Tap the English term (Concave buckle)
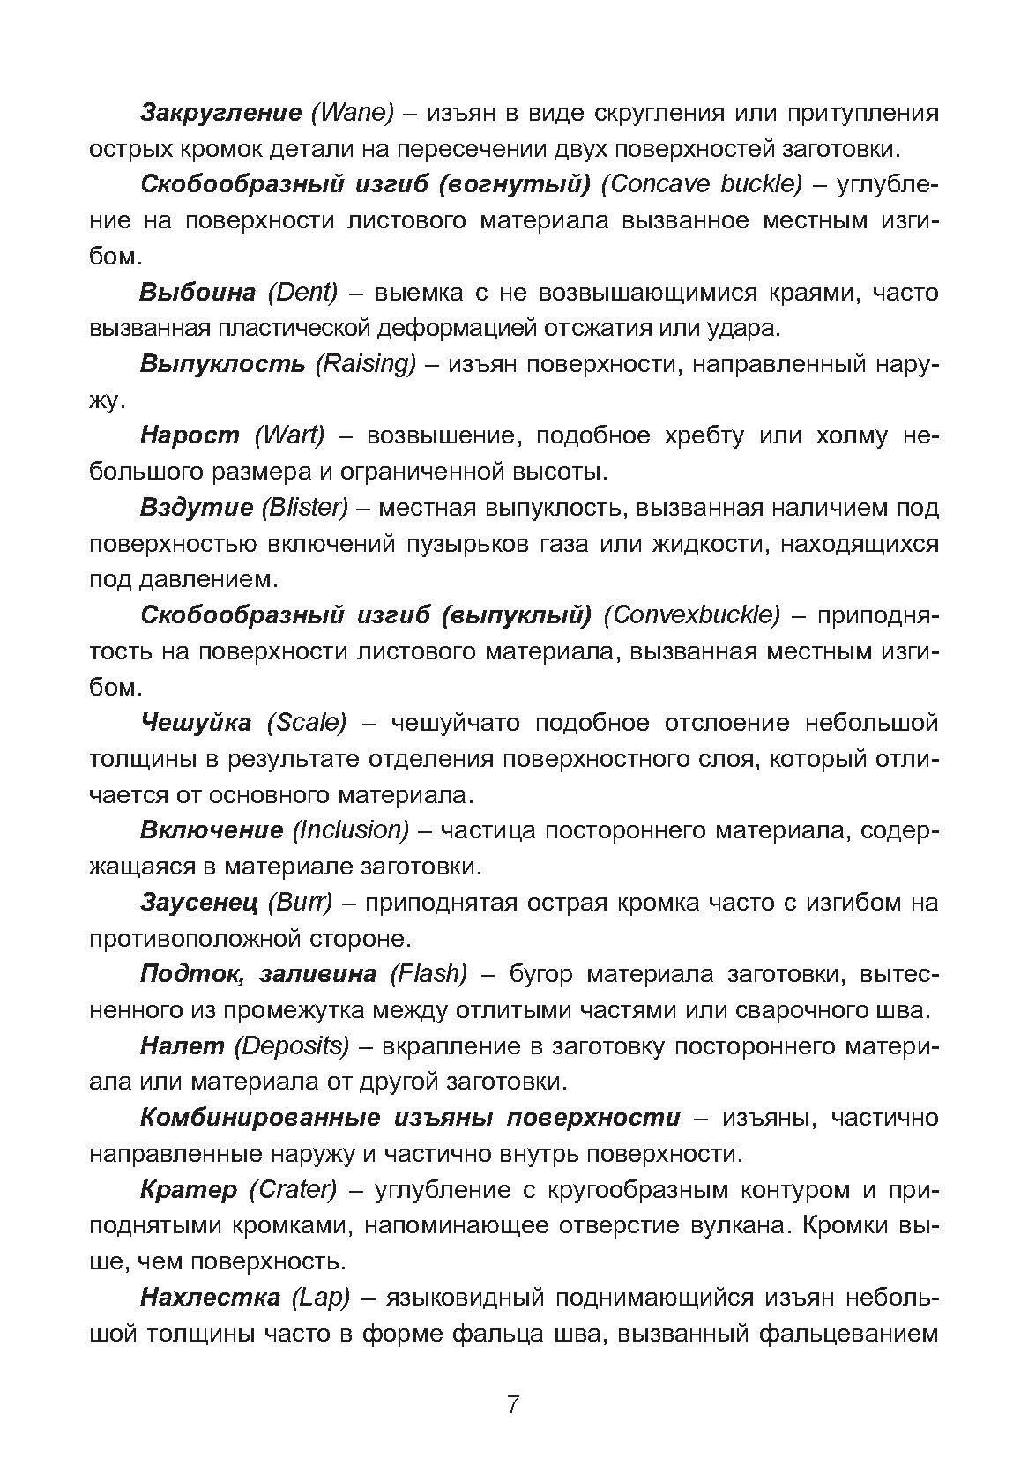tap(703, 184)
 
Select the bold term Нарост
tap(190, 435)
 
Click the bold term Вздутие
tap(194, 507)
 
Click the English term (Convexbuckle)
tap(692, 614)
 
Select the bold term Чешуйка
tap(196, 723)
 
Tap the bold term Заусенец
tap(198, 902)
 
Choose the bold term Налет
tap(181, 1045)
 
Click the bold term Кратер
tap(188, 1190)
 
